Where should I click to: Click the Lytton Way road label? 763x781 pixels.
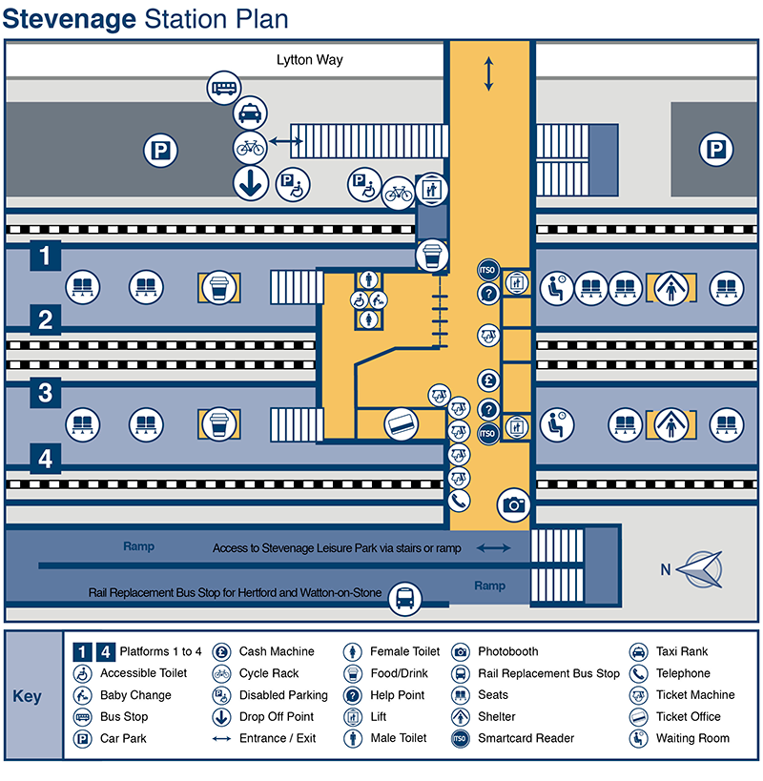tap(310, 60)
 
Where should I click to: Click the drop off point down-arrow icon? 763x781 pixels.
tap(250, 183)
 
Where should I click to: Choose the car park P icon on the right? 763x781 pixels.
tap(714, 150)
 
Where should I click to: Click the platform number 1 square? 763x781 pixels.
tap(46, 256)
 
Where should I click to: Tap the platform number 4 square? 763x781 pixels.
tap(46, 459)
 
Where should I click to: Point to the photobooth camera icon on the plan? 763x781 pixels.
tap(515, 504)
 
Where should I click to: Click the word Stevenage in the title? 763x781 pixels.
tap(71, 20)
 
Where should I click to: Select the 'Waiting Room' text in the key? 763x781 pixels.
tap(692, 738)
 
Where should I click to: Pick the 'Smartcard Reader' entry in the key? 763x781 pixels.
tap(526, 738)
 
